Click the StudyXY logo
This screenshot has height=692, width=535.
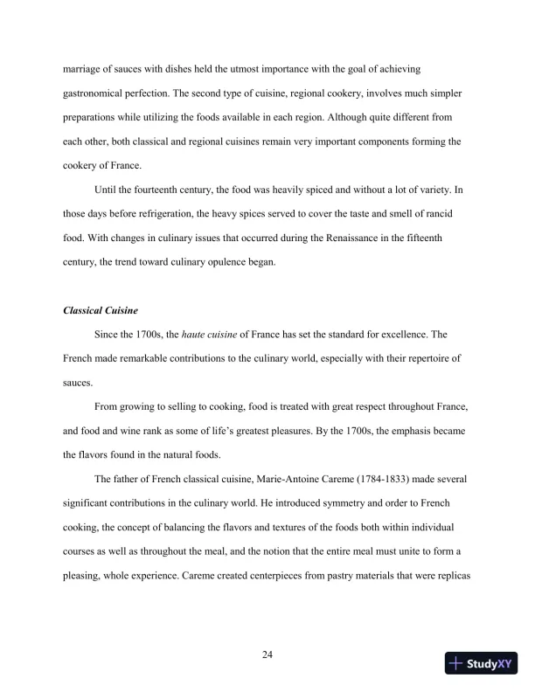[482, 663]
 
